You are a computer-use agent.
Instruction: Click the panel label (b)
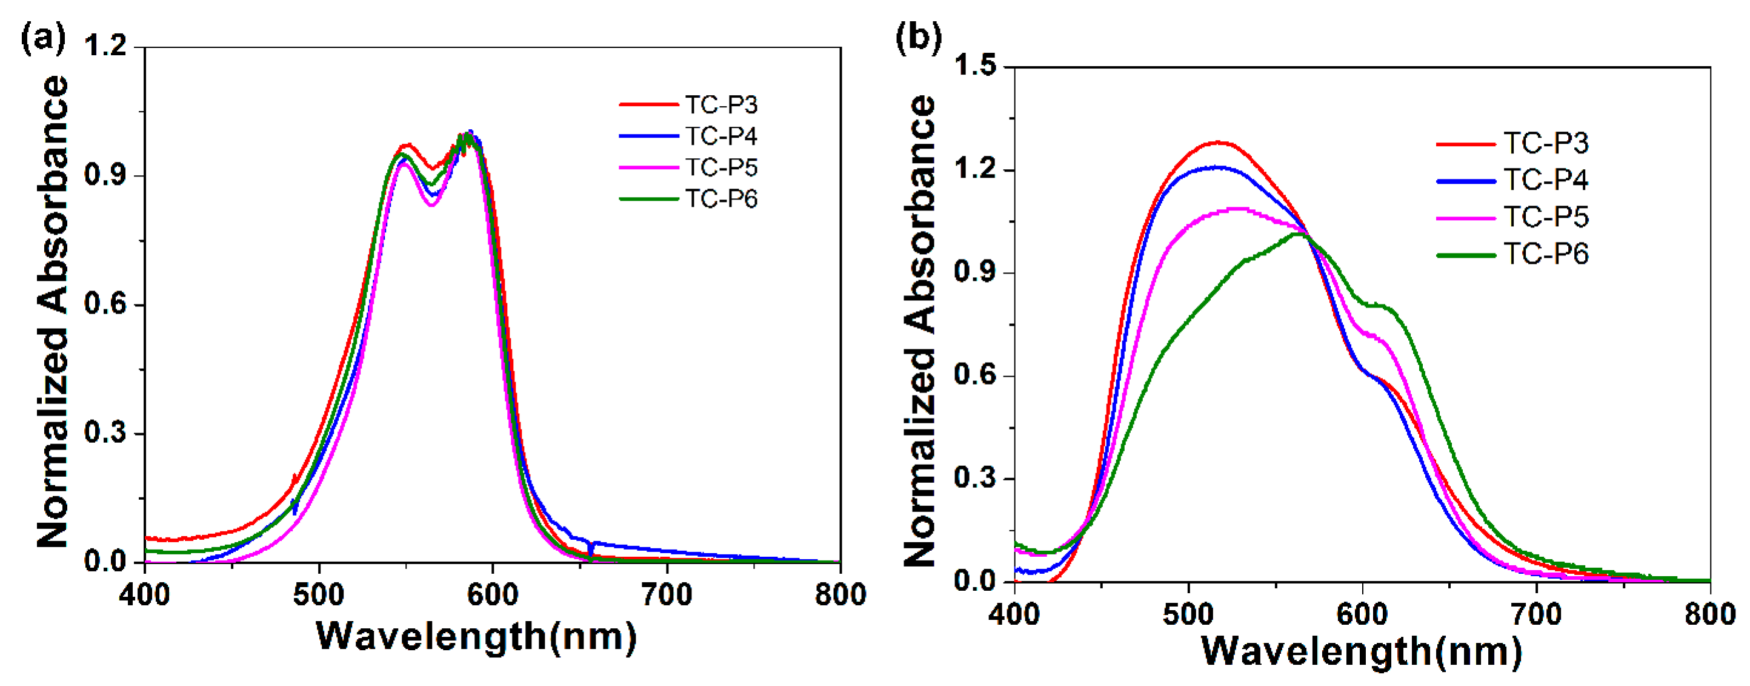pos(919,38)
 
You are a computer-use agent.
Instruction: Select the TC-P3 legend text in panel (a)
pos(721,105)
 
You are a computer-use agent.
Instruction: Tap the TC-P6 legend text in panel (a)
pos(721,198)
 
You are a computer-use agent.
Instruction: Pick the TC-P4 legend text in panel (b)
pos(1546,180)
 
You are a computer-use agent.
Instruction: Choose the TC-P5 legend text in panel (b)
pos(1546,217)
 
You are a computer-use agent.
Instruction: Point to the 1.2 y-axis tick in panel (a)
pos(105,46)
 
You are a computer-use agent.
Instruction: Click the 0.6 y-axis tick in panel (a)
pos(105,304)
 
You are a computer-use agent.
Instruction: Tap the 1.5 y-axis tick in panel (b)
pos(975,66)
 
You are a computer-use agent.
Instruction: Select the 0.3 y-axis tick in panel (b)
pos(975,478)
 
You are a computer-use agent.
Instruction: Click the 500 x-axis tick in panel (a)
pos(319,595)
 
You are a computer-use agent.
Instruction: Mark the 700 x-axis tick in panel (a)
pos(667,595)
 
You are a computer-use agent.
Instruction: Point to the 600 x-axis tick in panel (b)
pos(1362,614)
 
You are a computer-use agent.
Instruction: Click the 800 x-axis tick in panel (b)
pos(1709,614)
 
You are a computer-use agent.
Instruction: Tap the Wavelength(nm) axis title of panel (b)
pos(1362,651)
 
